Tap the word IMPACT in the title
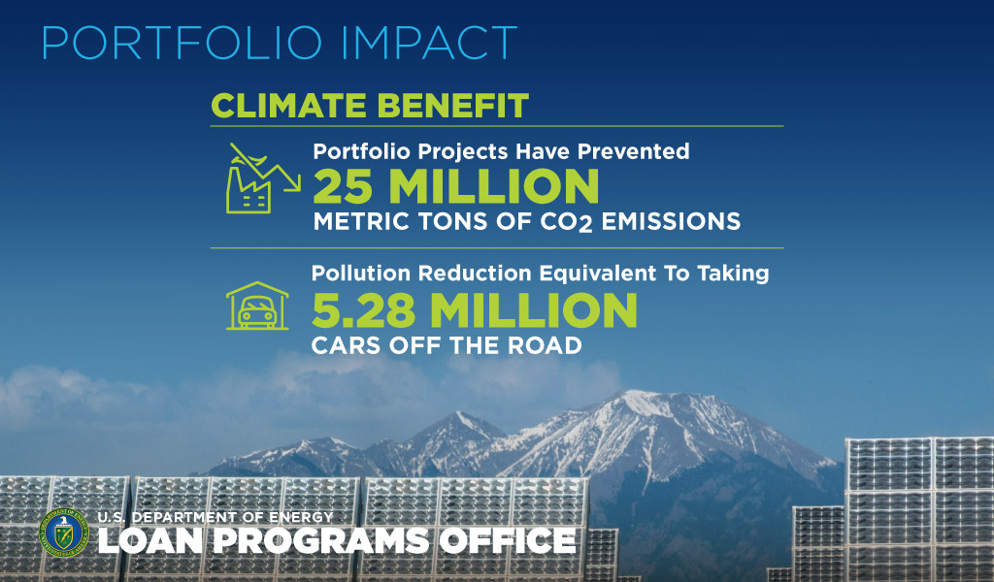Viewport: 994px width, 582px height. tap(429, 43)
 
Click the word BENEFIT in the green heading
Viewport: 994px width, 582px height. tap(449, 106)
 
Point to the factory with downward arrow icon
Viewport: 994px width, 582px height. tap(262, 178)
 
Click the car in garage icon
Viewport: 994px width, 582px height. tap(257, 306)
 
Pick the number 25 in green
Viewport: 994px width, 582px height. tap(343, 186)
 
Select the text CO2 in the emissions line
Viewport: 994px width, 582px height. tap(566, 222)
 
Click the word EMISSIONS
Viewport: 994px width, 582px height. tap(671, 221)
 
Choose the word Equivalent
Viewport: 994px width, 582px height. tap(597, 273)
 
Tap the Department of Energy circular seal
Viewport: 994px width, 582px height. tap(63, 533)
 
